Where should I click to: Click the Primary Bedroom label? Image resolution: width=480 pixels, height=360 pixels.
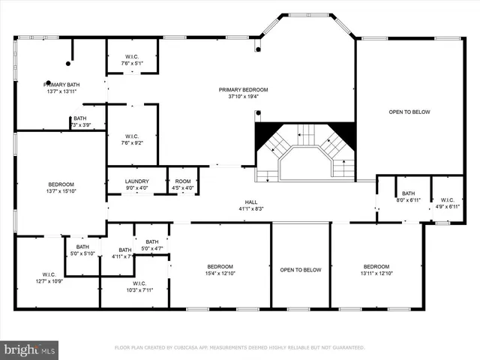(243, 90)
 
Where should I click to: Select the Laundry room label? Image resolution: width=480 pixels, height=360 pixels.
(137, 181)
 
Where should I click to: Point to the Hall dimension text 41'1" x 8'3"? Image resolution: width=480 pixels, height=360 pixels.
(251, 208)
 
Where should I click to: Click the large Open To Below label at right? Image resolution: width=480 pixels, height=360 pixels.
(409, 112)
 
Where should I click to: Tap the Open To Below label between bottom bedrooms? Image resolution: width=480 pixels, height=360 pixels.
(301, 270)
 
